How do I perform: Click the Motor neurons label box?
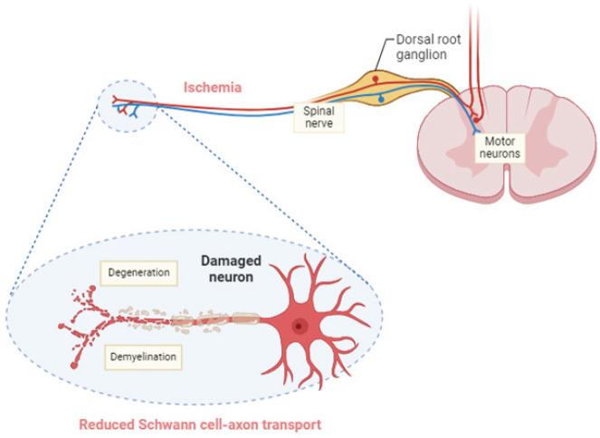tap(500, 148)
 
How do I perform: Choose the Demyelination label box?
tap(142, 357)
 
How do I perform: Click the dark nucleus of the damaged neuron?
tap(299, 326)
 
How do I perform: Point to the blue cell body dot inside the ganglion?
tap(381, 96)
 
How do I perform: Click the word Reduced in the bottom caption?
tap(104, 424)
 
